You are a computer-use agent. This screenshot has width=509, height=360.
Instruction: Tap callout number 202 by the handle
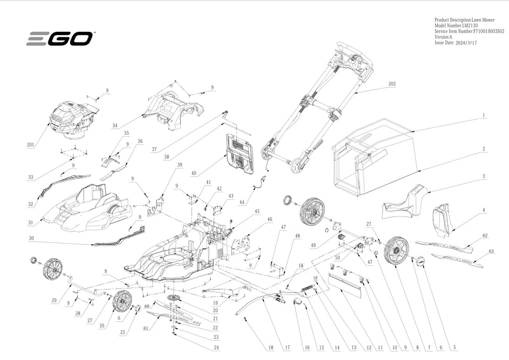coord(391,84)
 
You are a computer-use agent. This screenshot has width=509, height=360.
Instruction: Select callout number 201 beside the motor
coord(30,145)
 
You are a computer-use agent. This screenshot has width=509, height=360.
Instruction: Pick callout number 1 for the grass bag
coord(484,116)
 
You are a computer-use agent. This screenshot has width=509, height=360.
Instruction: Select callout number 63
coord(491,251)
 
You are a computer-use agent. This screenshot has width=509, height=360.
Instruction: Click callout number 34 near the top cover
coord(115,126)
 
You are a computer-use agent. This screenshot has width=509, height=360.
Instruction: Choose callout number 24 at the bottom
coord(216,347)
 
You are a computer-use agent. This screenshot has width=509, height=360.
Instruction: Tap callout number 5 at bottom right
coord(454,348)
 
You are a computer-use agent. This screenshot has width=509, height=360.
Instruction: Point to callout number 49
coord(312,245)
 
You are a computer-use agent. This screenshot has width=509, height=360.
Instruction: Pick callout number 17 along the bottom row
coord(287,348)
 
